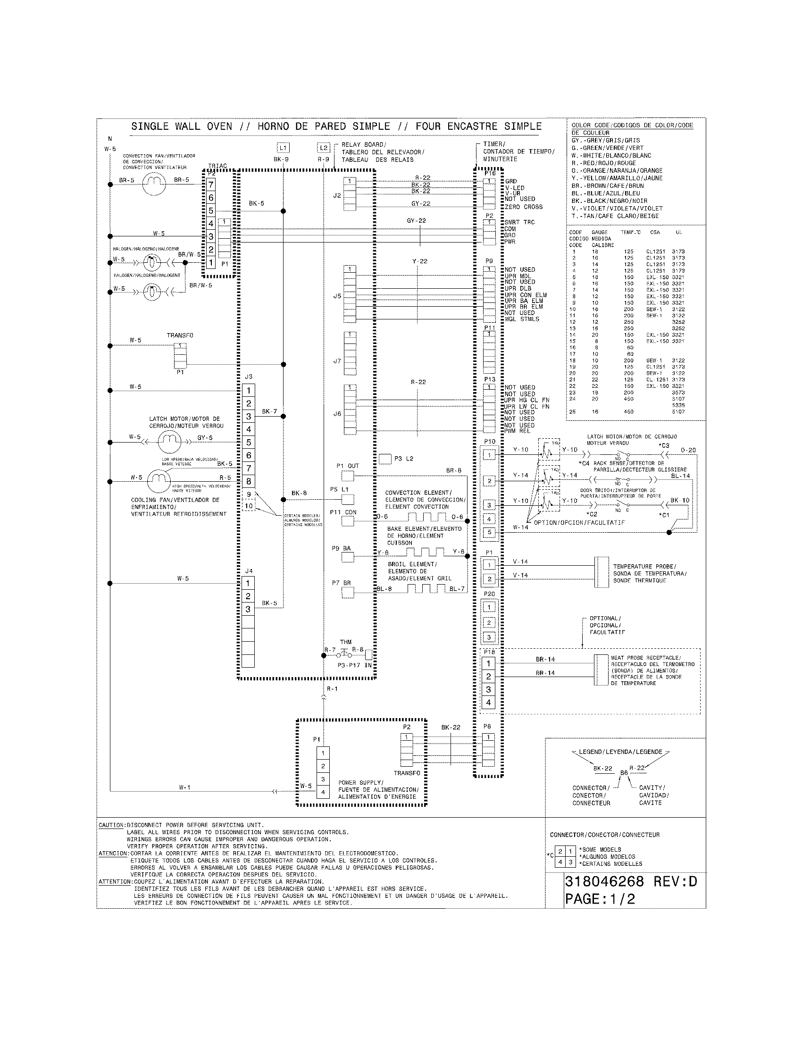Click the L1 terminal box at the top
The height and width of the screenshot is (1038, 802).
click(x=283, y=148)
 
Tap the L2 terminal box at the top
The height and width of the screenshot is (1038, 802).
click(x=323, y=148)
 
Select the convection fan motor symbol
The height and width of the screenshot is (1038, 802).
click(x=154, y=183)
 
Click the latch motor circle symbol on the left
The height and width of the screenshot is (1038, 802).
click(x=169, y=442)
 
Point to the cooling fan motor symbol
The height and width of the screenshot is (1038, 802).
click(x=159, y=481)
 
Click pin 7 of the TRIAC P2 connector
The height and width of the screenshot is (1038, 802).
click(x=211, y=184)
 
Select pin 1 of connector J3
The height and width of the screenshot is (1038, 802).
click(x=249, y=391)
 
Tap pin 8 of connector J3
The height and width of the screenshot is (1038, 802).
click(x=249, y=481)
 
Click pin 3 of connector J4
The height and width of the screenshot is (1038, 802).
click(x=248, y=609)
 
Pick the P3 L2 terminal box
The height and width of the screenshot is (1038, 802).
click(x=385, y=459)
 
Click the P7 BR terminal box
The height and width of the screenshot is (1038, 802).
click(x=348, y=593)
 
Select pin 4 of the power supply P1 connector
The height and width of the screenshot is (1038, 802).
click(x=323, y=792)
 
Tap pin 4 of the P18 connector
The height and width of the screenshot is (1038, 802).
click(x=488, y=703)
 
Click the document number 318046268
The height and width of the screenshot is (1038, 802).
click(x=604, y=882)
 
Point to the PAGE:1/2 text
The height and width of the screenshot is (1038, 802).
click(x=600, y=899)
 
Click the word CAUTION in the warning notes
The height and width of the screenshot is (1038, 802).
click(x=112, y=825)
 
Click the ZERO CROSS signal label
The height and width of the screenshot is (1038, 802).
click(x=524, y=207)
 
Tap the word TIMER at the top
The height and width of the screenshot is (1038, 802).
click(x=494, y=144)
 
